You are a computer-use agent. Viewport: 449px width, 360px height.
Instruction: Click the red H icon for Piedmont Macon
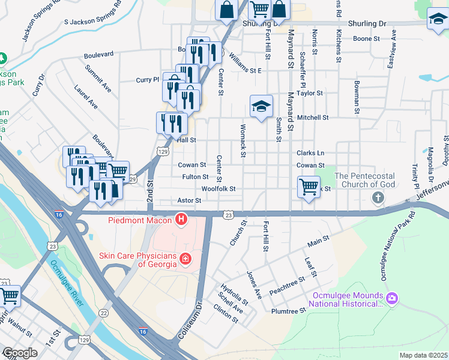(x=181, y=220)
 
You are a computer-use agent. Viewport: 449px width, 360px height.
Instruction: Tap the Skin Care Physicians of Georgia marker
(x=186, y=259)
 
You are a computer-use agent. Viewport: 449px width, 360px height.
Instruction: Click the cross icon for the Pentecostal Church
(x=378, y=197)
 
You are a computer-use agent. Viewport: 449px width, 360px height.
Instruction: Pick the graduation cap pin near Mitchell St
(x=261, y=106)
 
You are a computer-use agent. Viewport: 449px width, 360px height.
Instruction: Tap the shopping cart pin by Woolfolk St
(x=309, y=187)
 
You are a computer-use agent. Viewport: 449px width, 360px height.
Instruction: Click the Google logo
(x=20, y=353)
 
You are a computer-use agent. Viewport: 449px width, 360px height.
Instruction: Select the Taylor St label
(x=310, y=93)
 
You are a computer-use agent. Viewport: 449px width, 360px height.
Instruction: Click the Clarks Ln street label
(x=310, y=153)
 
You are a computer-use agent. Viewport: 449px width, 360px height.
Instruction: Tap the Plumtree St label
(x=289, y=311)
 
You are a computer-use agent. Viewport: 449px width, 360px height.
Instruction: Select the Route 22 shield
(x=103, y=313)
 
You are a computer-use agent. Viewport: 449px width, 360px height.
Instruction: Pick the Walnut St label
(x=20, y=330)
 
